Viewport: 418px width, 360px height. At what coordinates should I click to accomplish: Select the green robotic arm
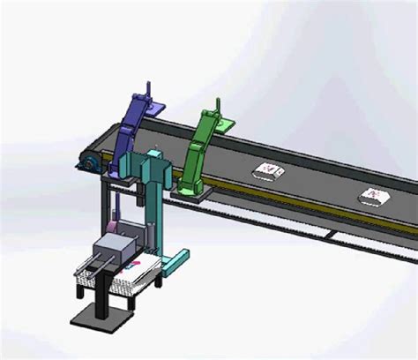point(201,150)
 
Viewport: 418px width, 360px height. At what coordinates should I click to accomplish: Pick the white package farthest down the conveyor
point(375,196)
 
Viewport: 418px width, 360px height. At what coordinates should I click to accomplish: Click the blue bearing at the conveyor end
point(88,163)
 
